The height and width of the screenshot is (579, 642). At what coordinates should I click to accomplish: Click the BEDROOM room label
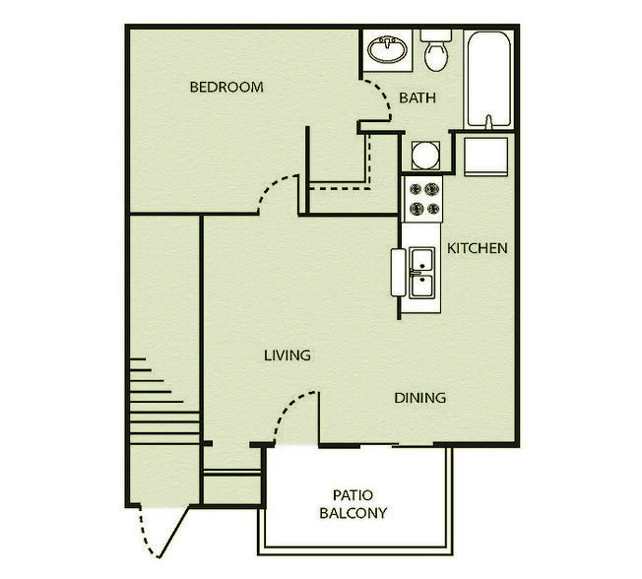(226, 87)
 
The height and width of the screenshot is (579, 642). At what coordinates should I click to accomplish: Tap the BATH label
(417, 97)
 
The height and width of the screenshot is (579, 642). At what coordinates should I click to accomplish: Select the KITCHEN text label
(478, 248)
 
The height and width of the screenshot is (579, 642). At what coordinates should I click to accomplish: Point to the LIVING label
(288, 354)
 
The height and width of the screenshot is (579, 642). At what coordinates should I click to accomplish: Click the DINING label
(420, 398)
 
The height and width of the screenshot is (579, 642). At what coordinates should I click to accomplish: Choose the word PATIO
(351, 495)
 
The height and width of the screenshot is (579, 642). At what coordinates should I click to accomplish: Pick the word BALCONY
(352, 513)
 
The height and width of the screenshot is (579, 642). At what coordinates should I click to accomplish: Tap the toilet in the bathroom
(436, 51)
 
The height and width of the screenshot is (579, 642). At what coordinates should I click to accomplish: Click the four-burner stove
(424, 200)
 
